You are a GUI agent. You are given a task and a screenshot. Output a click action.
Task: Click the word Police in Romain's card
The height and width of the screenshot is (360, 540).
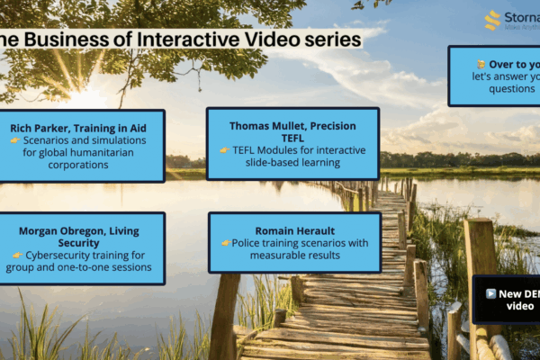coord(249,243)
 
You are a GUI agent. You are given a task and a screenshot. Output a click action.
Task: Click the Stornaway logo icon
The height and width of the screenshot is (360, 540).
coord(493,19)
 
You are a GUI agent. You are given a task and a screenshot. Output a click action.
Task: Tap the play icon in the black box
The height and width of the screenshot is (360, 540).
coord(490,293)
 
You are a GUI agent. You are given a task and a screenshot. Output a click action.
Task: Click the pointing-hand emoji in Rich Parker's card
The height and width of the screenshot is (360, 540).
coord(14,141)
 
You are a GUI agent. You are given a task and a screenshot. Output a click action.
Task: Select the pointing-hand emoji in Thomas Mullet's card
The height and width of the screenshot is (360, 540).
coord(225,150)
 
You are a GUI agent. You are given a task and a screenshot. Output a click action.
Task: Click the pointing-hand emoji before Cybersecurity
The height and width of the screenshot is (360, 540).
coord(17,256)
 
